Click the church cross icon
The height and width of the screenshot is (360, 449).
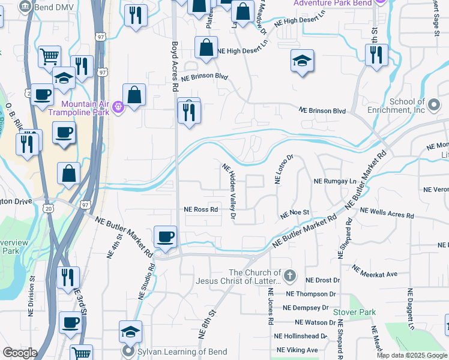pyautogui.click(x=289, y=277)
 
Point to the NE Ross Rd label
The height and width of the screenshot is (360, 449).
pyautogui.click(x=200, y=210)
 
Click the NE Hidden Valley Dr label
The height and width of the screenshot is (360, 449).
pyautogui.click(x=230, y=191)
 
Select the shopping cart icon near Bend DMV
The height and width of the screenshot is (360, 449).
pyautogui.click(x=49, y=56)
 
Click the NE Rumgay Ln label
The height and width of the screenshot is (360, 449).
pyautogui.click(x=335, y=181)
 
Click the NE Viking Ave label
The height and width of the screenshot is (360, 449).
pyautogui.click(x=297, y=350)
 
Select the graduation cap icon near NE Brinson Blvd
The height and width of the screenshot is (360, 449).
pyautogui.click(x=302, y=61)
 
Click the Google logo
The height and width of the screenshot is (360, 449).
pyautogui.click(x=19, y=353)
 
